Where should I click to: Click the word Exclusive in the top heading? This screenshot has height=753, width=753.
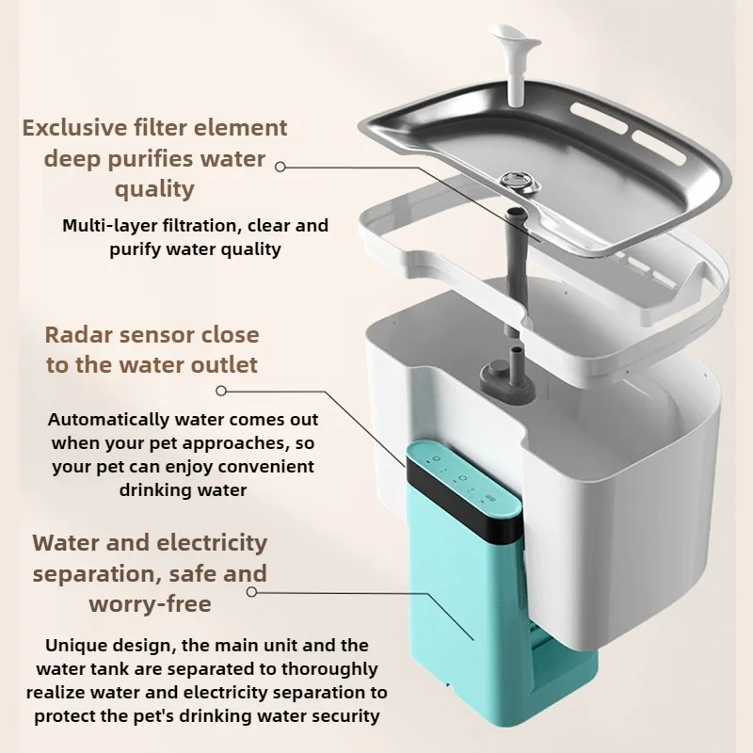(74, 128)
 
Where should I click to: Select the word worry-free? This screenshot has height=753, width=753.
(150, 604)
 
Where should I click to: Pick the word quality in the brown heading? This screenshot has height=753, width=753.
(154, 189)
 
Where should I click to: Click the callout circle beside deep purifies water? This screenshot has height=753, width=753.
(280, 167)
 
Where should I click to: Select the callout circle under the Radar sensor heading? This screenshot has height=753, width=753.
(221, 391)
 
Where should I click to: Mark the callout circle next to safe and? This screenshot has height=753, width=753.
(251, 592)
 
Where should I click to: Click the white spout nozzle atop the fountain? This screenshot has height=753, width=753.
(514, 62)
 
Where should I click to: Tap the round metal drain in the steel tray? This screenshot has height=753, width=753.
(521, 182)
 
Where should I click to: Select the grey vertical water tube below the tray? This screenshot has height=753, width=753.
(517, 269)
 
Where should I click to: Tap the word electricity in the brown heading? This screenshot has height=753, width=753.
(212, 543)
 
